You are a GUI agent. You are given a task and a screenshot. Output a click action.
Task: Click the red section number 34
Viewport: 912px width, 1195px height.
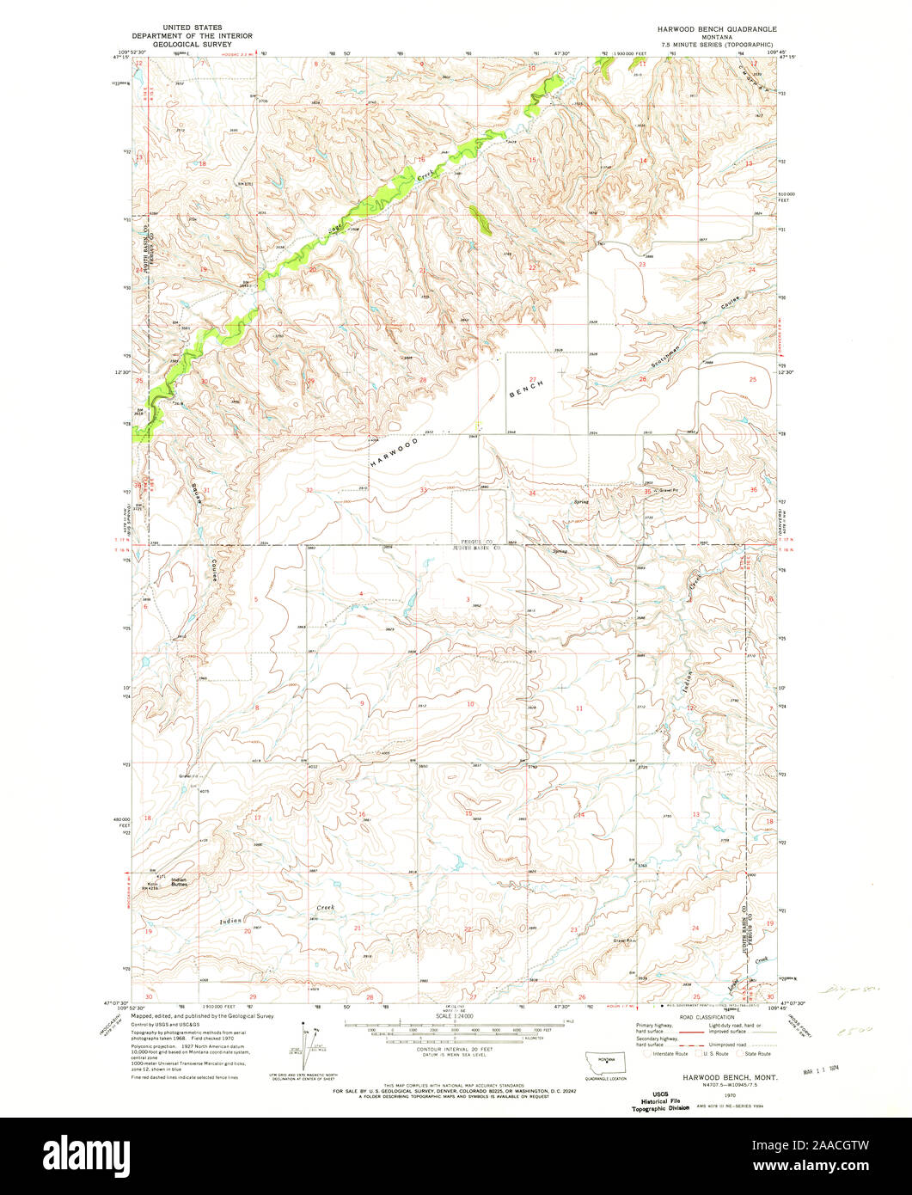pyautogui.click(x=532, y=493)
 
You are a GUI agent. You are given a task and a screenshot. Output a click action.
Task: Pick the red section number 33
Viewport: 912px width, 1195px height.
pyautogui.click(x=423, y=490)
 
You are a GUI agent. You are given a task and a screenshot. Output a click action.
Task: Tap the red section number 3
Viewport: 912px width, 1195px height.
pyautogui.click(x=468, y=599)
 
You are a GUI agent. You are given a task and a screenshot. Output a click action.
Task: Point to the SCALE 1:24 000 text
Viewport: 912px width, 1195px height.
pyautogui.click(x=456, y=1016)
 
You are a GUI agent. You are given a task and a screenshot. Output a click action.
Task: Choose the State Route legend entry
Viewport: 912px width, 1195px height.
pyautogui.click(x=757, y=1053)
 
